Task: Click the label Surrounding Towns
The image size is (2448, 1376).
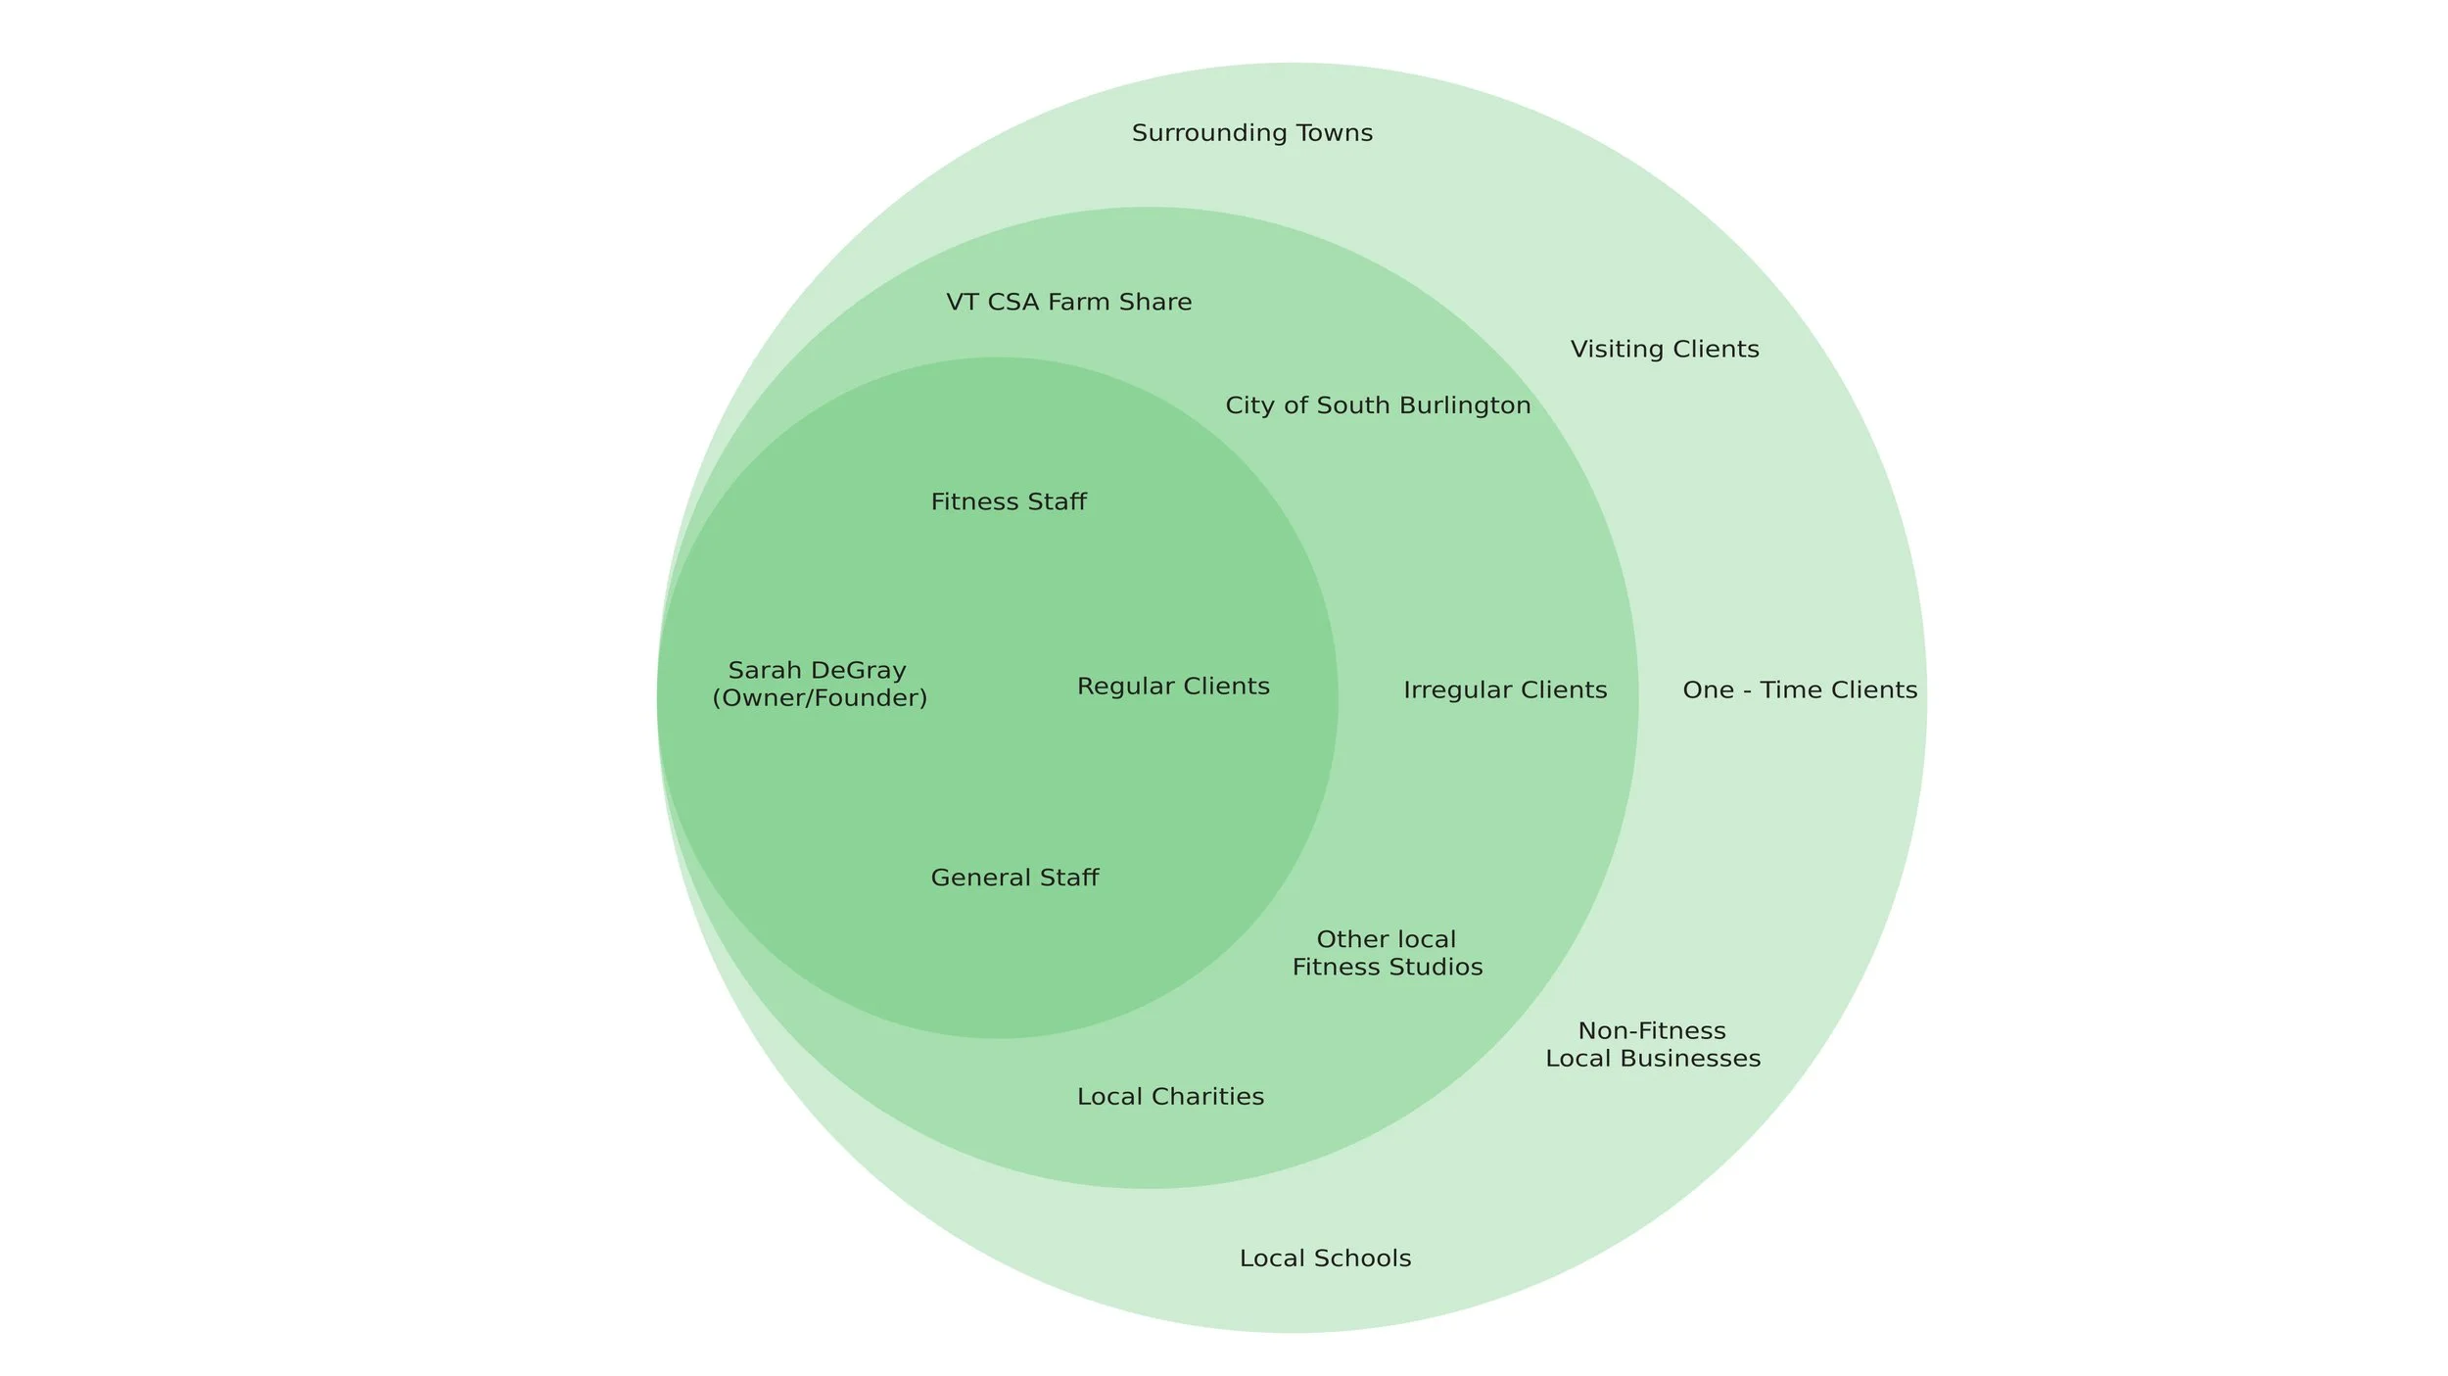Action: pos(1251,133)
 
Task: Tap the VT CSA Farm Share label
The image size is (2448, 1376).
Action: pos(1068,303)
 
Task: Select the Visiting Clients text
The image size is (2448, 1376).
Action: pos(1665,350)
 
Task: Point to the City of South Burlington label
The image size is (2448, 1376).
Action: pos(1378,405)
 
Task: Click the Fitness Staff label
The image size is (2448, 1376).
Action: pos(1009,502)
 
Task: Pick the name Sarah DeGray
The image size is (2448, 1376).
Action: pos(818,671)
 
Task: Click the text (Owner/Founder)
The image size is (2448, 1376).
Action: pos(820,698)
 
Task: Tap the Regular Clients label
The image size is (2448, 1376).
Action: pos(1173,687)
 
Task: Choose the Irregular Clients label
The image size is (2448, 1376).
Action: pos(1505,690)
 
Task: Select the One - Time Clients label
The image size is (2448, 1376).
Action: pos(1800,690)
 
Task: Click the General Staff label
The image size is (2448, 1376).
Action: pos(1014,878)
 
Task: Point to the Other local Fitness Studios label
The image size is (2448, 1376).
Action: pos(1388,954)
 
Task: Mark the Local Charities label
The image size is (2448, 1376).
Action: pos(1170,1097)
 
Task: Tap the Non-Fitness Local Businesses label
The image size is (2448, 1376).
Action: pos(1653,1045)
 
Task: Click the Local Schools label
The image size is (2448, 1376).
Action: pos(1325,1259)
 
